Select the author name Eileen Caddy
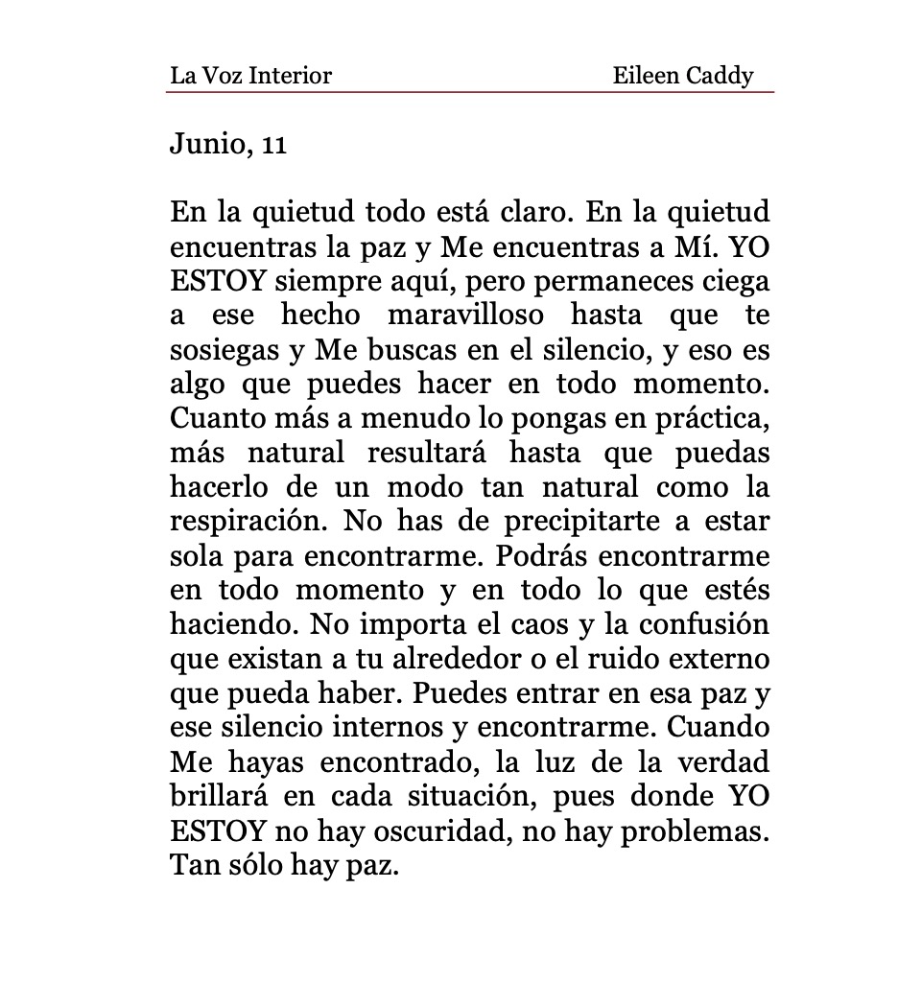point(683,75)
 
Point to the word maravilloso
point(465,316)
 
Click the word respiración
point(248,524)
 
